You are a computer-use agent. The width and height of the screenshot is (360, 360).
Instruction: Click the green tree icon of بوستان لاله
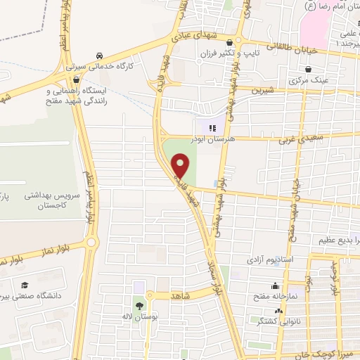point(139,306)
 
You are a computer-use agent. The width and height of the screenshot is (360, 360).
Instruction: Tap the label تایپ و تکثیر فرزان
point(266,53)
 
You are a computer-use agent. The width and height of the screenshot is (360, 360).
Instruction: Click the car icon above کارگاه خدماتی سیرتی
point(100,56)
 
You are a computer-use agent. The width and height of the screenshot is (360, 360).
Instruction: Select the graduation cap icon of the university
point(25,285)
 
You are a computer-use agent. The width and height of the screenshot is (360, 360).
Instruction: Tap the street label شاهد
point(182,297)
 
